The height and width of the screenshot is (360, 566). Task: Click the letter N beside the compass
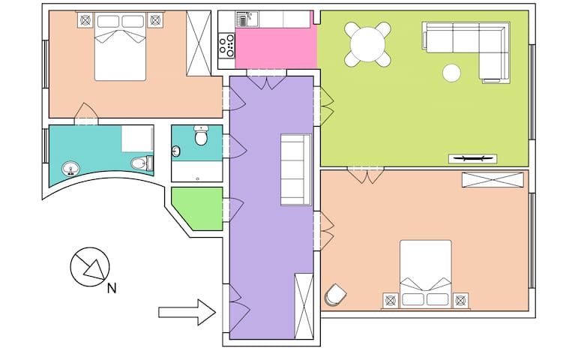(112, 286)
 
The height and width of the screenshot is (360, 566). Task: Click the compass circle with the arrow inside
(90, 267)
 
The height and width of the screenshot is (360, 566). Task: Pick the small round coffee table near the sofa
(451, 73)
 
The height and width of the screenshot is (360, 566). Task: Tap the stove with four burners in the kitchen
(226, 46)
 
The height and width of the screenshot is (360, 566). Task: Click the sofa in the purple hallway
(295, 169)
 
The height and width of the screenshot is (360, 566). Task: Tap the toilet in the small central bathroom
(200, 137)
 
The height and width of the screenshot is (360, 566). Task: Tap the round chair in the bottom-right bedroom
(334, 295)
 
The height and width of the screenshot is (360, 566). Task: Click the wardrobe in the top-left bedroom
(199, 43)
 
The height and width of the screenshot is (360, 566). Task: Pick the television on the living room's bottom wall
(472, 157)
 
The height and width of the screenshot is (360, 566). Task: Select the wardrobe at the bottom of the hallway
(304, 307)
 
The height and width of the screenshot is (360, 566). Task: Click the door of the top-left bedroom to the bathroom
(86, 114)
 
